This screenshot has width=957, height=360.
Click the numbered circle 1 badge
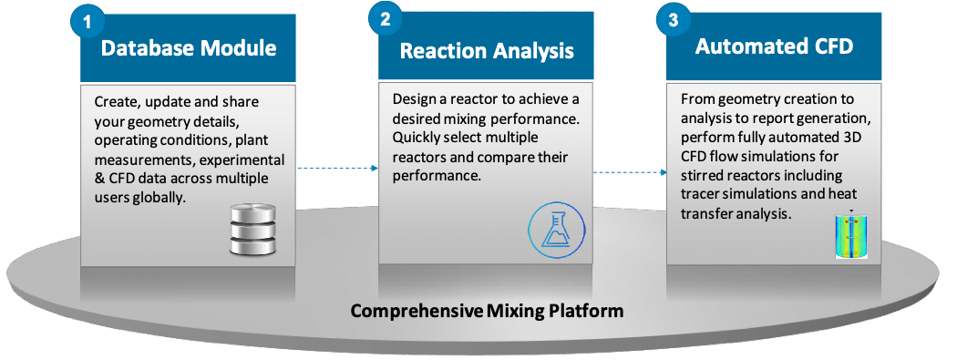pyautogui.click(x=87, y=21)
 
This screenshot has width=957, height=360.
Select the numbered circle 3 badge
pyautogui.click(x=673, y=20)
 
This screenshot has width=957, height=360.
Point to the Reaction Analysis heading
pyautogui.click(x=487, y=51)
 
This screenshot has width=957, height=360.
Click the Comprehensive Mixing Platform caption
pyautogui.click(x=487, y=311)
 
